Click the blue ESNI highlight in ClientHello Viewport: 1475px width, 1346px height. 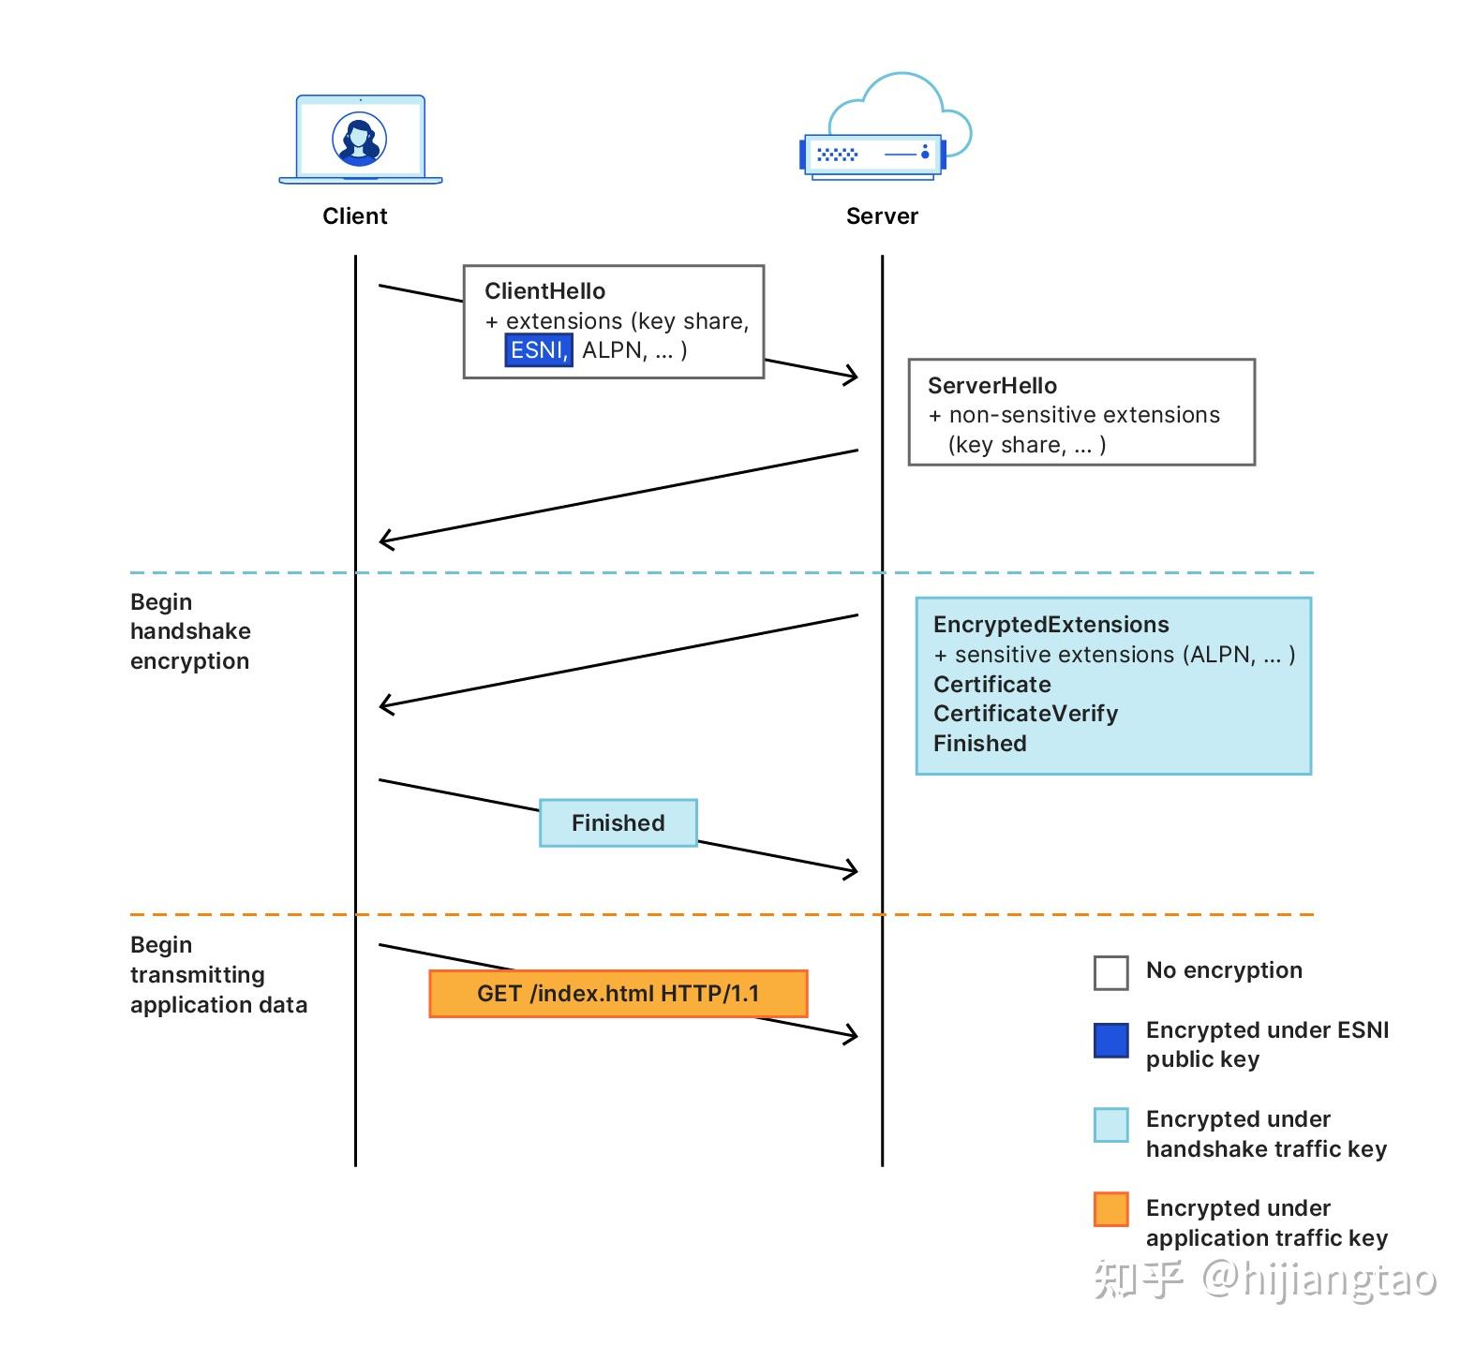point(538,350)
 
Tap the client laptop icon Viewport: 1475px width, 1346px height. point(361,141)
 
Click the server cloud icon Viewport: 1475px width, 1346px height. point(886,131)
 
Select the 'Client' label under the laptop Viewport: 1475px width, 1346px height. point(354,216)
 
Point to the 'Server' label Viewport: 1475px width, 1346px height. point(882,216)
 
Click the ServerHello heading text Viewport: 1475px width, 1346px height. point(991,386)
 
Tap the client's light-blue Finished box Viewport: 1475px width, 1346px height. point(618,822)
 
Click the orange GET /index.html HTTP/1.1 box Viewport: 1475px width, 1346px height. point(618,994)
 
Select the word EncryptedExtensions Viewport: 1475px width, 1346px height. point(1050,625)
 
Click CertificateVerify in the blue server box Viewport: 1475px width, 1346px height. point(1025,714)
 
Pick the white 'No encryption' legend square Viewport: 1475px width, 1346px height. point(1110,972)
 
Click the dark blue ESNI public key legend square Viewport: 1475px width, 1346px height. point(1110,1041)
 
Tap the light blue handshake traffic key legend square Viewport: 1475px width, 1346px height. point(1110,1124)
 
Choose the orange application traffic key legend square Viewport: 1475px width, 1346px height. point(1110,1209)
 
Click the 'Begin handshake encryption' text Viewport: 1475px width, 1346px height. point(190,631)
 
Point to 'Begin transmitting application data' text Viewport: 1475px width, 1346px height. point(218,974)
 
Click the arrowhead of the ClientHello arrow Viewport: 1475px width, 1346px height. point(853,377)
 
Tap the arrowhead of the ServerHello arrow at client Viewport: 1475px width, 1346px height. point(384,540)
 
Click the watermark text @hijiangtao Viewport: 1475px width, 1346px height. point(1319,1279)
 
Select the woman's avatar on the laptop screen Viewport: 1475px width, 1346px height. point(360,140)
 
